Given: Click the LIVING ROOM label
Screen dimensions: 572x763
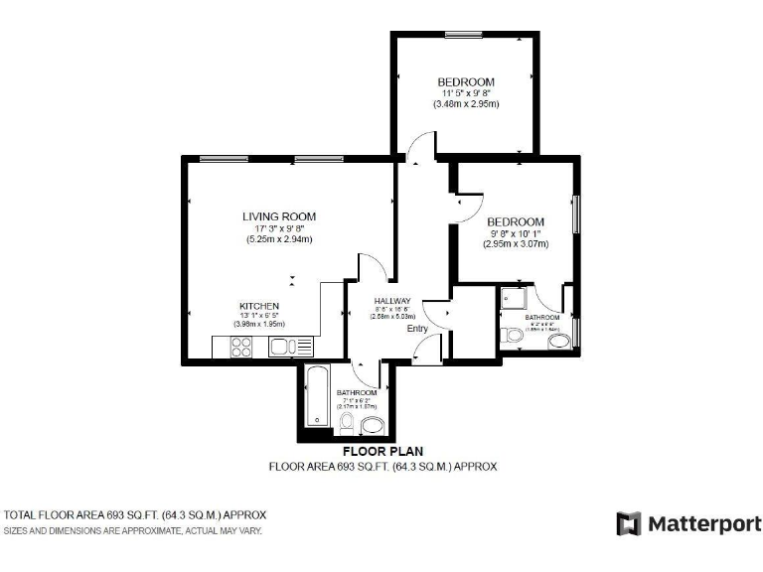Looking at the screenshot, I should [279, 215].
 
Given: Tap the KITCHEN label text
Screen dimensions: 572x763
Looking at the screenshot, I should [258, 306].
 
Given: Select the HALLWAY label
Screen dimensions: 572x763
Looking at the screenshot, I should [392, 301].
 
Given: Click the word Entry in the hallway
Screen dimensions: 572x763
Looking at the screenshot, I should [416, 330].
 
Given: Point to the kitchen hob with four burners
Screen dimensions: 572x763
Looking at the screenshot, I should [241, 347].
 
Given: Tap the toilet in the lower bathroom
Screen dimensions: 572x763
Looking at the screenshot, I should [346, 425].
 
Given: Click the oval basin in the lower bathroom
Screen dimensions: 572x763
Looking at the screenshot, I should [374, 427].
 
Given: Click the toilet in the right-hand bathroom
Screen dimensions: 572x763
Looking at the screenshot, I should [510, 336].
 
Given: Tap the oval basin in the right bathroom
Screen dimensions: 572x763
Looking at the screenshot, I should [559, 343].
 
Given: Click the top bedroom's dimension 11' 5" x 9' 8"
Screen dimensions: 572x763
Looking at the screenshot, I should [466, 92].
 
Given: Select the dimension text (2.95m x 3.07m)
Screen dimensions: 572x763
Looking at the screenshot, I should [515, 244].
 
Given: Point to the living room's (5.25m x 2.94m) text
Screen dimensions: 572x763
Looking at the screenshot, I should [279, 239].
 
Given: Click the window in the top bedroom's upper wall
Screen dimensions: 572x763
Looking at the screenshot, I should [463, 35].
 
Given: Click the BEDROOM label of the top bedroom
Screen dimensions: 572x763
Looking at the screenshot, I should [466, 81].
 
